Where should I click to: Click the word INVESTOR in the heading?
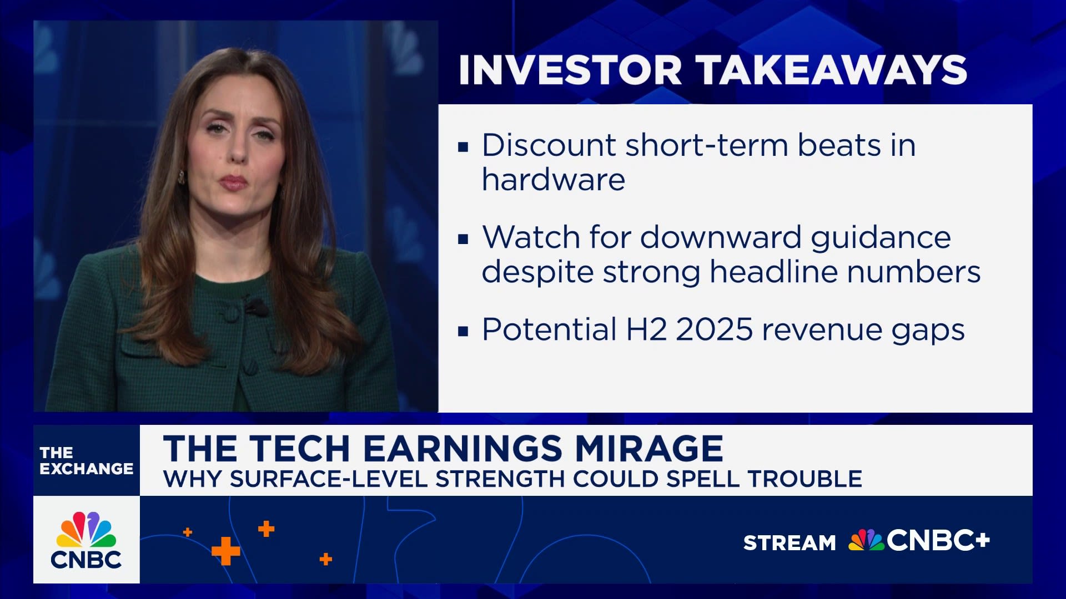coord(570,70)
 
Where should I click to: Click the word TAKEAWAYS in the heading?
coord(831,70)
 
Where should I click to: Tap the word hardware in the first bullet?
coord(553,180)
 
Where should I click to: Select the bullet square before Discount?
coord(463,148)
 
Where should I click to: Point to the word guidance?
coord(881,237)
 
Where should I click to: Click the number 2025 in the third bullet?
coord(714,329)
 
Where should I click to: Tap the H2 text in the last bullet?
coord(646,329)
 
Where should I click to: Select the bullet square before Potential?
coord(463,332)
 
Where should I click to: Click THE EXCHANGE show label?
coord(86,461)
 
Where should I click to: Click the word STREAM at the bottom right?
coord(789,542)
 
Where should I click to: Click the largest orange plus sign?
coord(226,551)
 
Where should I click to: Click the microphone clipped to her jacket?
coord(257,307)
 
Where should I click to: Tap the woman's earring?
coord(181,177)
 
